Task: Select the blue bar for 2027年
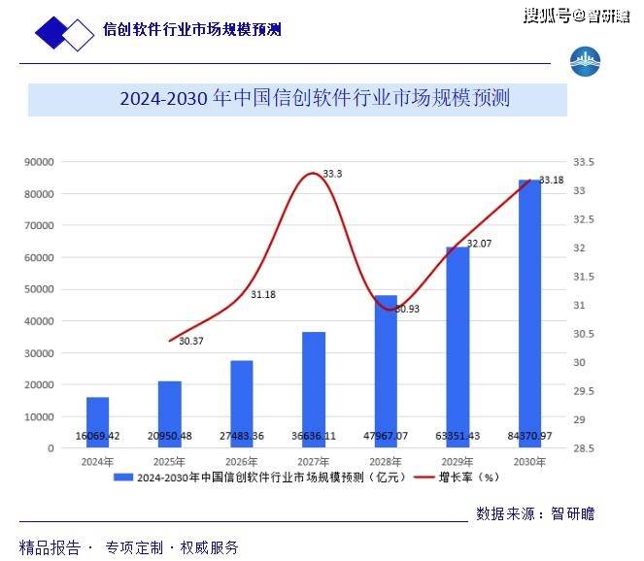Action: [314, 388]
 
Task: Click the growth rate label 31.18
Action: [263, 294]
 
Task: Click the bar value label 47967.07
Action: [386, 436]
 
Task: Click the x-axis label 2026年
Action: [241, 462]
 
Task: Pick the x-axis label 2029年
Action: [458, 462]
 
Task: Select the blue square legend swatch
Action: [123, 478]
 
